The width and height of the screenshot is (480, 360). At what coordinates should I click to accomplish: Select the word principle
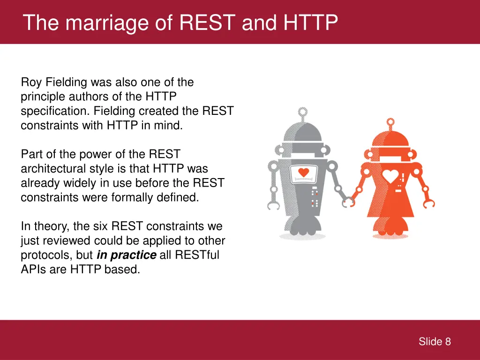41,97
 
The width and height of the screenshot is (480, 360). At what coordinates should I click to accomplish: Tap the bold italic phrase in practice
126,255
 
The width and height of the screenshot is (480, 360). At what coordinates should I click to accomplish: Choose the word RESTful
197,255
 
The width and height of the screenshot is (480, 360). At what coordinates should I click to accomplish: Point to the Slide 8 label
435,342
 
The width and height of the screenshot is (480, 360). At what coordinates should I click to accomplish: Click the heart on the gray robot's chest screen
304,172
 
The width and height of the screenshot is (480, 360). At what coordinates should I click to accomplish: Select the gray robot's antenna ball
303,112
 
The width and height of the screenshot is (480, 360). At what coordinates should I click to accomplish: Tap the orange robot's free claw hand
427,202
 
